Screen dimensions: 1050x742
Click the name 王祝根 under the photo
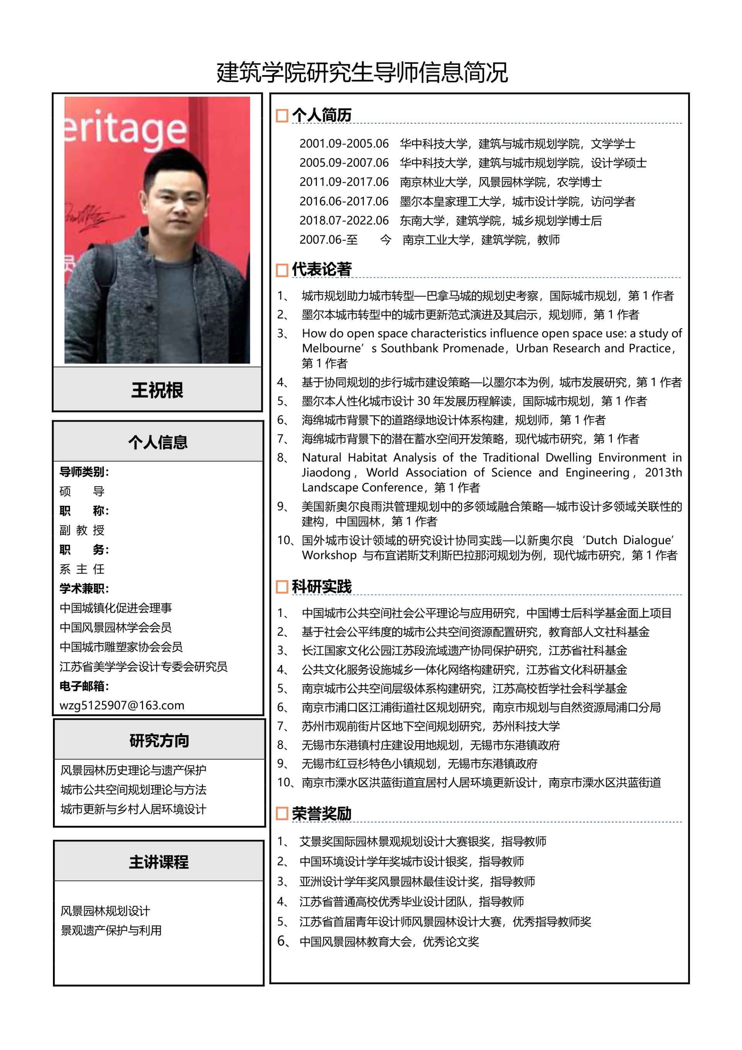click(x=157, y=390)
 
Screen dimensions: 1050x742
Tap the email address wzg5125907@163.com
click(x=122, y=705)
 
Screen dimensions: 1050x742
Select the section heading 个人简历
click(x=322, y=115)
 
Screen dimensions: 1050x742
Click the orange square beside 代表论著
click(x=282, y=270)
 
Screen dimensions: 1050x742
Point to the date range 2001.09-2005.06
click(x=344, y=143)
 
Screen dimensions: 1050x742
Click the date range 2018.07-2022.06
click(x=344, y=220)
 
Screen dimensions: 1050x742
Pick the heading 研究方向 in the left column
click(x=159, y=740)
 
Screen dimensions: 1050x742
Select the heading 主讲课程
click(x=158, y=862)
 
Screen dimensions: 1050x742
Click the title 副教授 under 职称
click(x=82, y=530)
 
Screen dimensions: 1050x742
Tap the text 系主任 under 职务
click(x=82, y=569)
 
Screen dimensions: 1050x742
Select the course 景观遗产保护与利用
click(x=111, y=930)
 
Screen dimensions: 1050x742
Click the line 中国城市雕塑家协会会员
click(x=121, y=647)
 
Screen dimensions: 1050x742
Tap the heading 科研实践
click(x=322, y=587)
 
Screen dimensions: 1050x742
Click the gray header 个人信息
click(x=158, y=442)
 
